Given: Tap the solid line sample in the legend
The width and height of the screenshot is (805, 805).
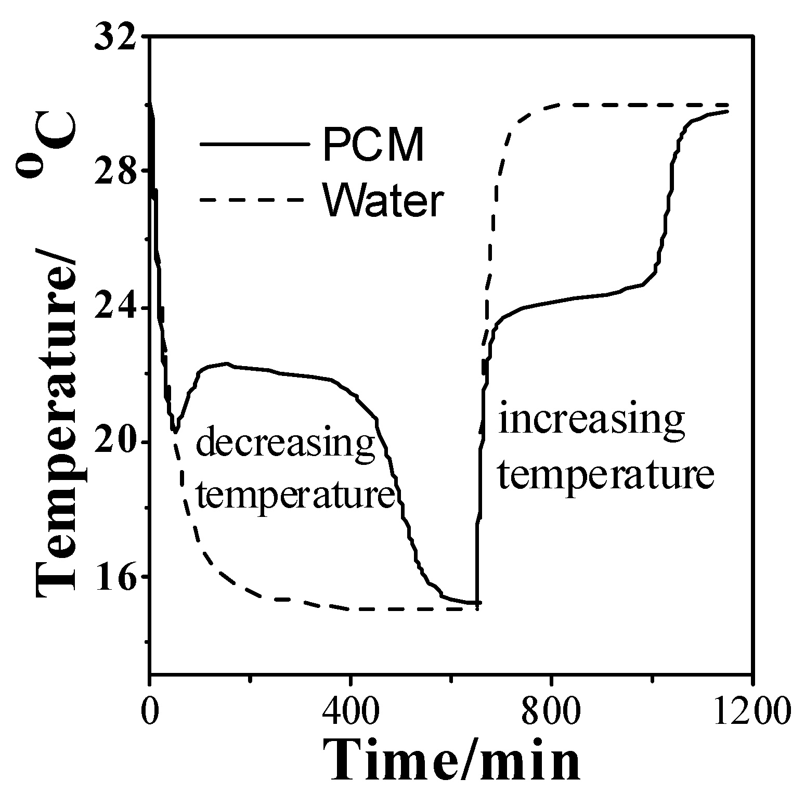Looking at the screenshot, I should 252,144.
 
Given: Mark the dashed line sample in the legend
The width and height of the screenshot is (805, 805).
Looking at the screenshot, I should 252,200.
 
